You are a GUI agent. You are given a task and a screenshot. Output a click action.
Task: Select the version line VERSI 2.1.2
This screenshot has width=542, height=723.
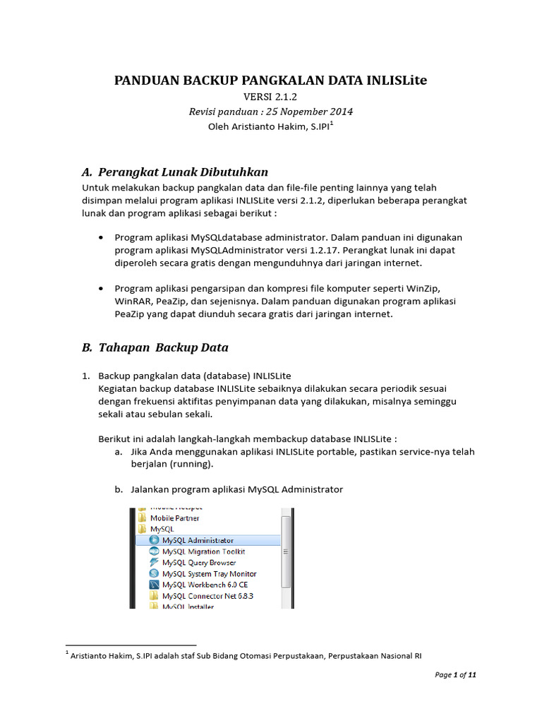click(x=270, y=97)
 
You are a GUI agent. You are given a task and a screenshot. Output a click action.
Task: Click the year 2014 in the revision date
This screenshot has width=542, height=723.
click(x=340, y=112)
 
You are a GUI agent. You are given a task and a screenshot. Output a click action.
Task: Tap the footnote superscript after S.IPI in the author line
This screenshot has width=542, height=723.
click(x=332, y=123)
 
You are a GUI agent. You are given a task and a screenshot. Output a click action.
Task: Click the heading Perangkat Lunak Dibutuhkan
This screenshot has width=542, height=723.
click(x=183, y=172)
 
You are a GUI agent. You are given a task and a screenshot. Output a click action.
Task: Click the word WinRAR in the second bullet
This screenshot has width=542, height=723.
click(x=133, y=301)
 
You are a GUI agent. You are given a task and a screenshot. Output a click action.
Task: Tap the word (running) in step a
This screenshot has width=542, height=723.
click(x=186, y=465)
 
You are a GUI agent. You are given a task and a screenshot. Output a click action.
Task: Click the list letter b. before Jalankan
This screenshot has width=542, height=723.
click(x=119, y=489)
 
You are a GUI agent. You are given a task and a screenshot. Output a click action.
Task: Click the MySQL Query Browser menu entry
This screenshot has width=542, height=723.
click(x=198, y=563)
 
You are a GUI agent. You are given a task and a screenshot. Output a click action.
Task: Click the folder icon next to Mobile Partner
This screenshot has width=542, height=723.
click(x=143, y=518)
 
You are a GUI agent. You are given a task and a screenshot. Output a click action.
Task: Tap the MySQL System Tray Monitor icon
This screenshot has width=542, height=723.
click(x=154, y=574)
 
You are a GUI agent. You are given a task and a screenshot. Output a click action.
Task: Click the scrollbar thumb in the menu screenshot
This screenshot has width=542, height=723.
click(x=286, y=551)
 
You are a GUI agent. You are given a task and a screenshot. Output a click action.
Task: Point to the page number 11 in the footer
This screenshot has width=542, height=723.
click(x=472, y=675)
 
